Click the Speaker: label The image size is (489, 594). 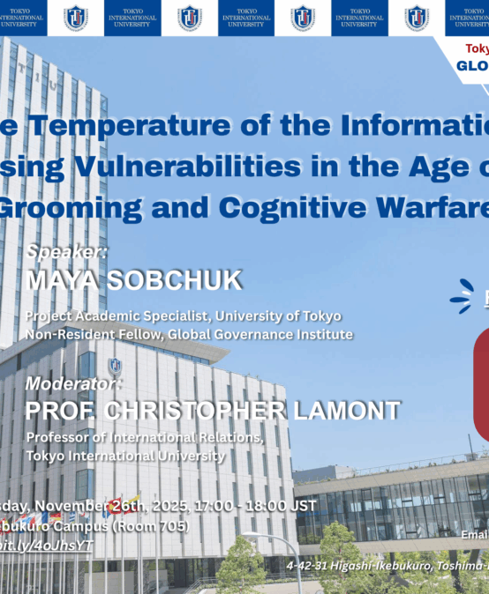[x=66, y=252]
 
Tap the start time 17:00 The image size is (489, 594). [x=223, y=506]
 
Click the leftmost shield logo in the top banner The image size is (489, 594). [x=75, y=18]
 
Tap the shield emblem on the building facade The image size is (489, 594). [x=115, y=365]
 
